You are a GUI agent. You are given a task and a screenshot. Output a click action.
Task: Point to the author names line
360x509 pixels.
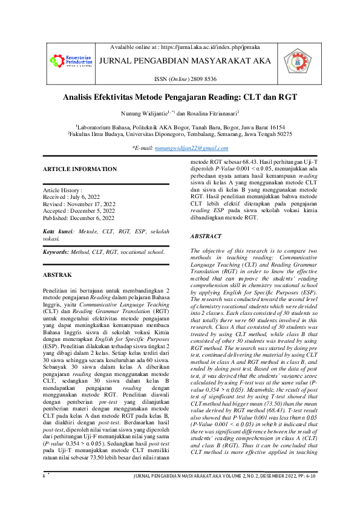(x=180, y=113)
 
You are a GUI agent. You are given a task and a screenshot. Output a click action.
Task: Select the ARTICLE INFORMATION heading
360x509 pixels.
(x=80, y=169)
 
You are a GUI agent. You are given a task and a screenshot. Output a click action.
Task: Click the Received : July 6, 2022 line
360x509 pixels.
(x=74, y=196)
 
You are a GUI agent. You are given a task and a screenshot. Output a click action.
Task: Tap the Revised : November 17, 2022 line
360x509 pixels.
(x=82, y=204)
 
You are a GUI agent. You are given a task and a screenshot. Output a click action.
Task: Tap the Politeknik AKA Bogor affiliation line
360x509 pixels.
(x=180, y=128)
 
